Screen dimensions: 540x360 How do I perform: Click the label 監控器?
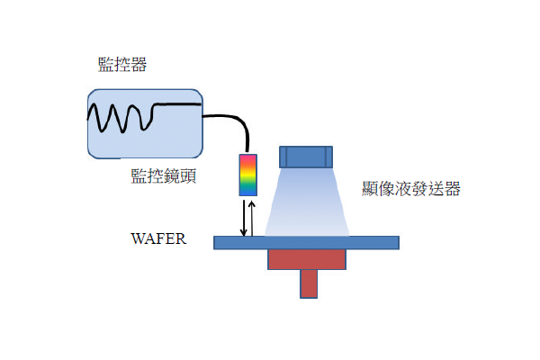tap(122, 65)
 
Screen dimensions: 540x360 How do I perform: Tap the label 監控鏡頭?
tap(164, 175)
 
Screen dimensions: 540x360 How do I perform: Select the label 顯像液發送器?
tap(411, 188)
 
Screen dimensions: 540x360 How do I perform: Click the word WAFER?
tap(158, 238)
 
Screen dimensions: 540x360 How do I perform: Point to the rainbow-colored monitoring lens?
tap(248, 175)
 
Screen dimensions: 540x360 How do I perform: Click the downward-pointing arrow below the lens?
tap(244, 218)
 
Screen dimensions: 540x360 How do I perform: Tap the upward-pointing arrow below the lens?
tap(252, 219)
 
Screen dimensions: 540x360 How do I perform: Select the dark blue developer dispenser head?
tap(306, 157)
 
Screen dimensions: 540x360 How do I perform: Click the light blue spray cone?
tap(307, 202)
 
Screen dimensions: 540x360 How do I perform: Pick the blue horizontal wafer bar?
tap(306, 242)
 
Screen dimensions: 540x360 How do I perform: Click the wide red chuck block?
tap(307, 259)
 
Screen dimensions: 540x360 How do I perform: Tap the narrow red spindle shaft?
tap(309, 283)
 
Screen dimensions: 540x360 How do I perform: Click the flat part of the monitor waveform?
tap(177, 103)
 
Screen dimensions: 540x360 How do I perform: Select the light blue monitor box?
tap(145, 124)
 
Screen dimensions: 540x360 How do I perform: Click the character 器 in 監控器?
tap(139, 65)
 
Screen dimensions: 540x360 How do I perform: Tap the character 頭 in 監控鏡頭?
tap(188, 175)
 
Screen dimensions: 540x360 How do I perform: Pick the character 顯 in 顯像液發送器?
tap(370, 188)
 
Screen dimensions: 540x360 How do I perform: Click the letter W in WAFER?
tap(137, 238)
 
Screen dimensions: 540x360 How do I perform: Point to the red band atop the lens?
tap(248, 158)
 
